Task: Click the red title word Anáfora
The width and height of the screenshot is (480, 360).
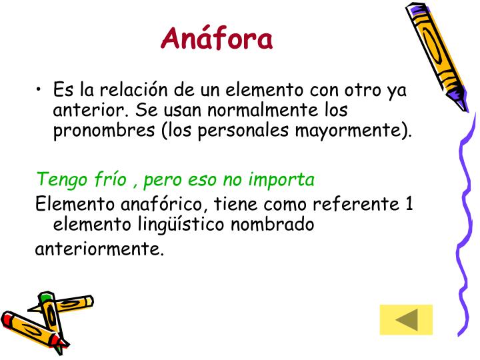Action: click(x=217, y=39)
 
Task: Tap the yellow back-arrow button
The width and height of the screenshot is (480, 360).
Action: click(x=406, y=319)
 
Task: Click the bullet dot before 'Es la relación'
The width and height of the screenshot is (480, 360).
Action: click(x=41, y=89)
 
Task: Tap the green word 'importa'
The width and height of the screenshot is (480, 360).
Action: click(x=282, y=180)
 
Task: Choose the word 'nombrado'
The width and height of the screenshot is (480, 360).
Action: click(x=272, y=224)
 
